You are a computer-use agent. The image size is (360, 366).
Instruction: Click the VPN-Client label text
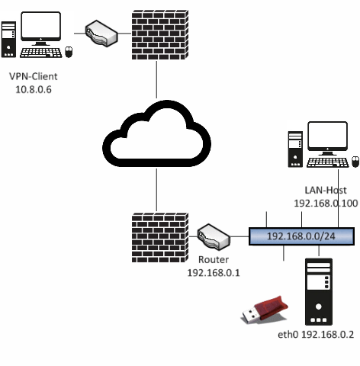click(34, 76)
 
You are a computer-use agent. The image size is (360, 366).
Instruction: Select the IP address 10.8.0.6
click(34, 89)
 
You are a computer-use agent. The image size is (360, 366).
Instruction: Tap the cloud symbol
click(156, 133)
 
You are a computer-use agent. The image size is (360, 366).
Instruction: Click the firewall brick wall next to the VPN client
click(160, 35)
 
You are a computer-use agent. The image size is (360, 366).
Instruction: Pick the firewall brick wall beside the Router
click(160, 238)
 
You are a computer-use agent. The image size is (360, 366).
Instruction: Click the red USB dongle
click(265, 310)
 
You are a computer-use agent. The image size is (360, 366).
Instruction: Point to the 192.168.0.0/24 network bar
click(301, 236)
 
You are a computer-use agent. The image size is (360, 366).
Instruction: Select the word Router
click(214, 260)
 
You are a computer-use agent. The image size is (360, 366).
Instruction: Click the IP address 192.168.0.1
click(214, 273)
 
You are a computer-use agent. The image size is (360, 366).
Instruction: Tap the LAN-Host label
click(326, 190)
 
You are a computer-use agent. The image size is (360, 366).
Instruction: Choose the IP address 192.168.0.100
click(326, 204)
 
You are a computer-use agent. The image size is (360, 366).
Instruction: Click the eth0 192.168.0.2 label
click(316, 335)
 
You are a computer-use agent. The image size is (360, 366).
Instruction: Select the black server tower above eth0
click(319, 292)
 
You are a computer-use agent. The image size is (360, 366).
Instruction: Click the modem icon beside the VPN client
click(101, 34)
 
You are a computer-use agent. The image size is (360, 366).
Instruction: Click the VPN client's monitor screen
click(41, 26)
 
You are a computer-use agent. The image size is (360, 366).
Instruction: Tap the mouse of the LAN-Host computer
click(355, 162)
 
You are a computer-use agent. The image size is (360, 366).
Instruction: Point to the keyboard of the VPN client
click(41, 53)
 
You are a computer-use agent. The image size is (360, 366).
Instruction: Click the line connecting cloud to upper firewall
click(156, 79)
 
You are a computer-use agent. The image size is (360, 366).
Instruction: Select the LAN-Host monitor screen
click(327, 136)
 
